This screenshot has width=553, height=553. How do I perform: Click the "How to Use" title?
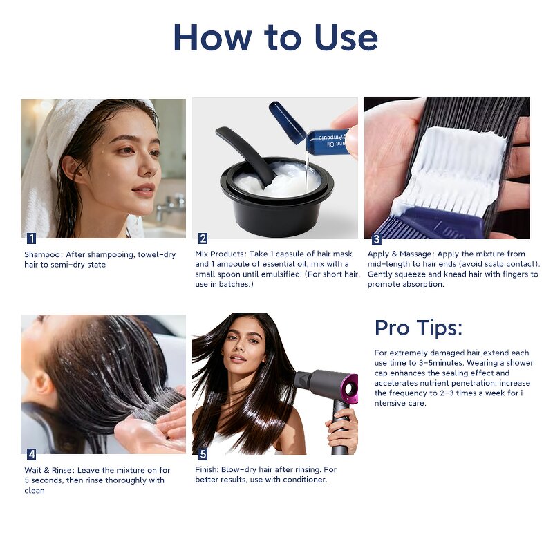point(276,37)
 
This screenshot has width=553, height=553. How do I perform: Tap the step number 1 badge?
point(31,238)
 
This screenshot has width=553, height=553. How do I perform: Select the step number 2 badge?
point(203,238)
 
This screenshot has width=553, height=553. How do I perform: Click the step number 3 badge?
point(376,239)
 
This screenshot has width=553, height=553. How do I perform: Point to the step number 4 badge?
point(31,454)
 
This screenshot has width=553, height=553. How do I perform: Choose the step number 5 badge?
point(203,454)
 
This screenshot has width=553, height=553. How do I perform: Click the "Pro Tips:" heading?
point(418,328)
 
